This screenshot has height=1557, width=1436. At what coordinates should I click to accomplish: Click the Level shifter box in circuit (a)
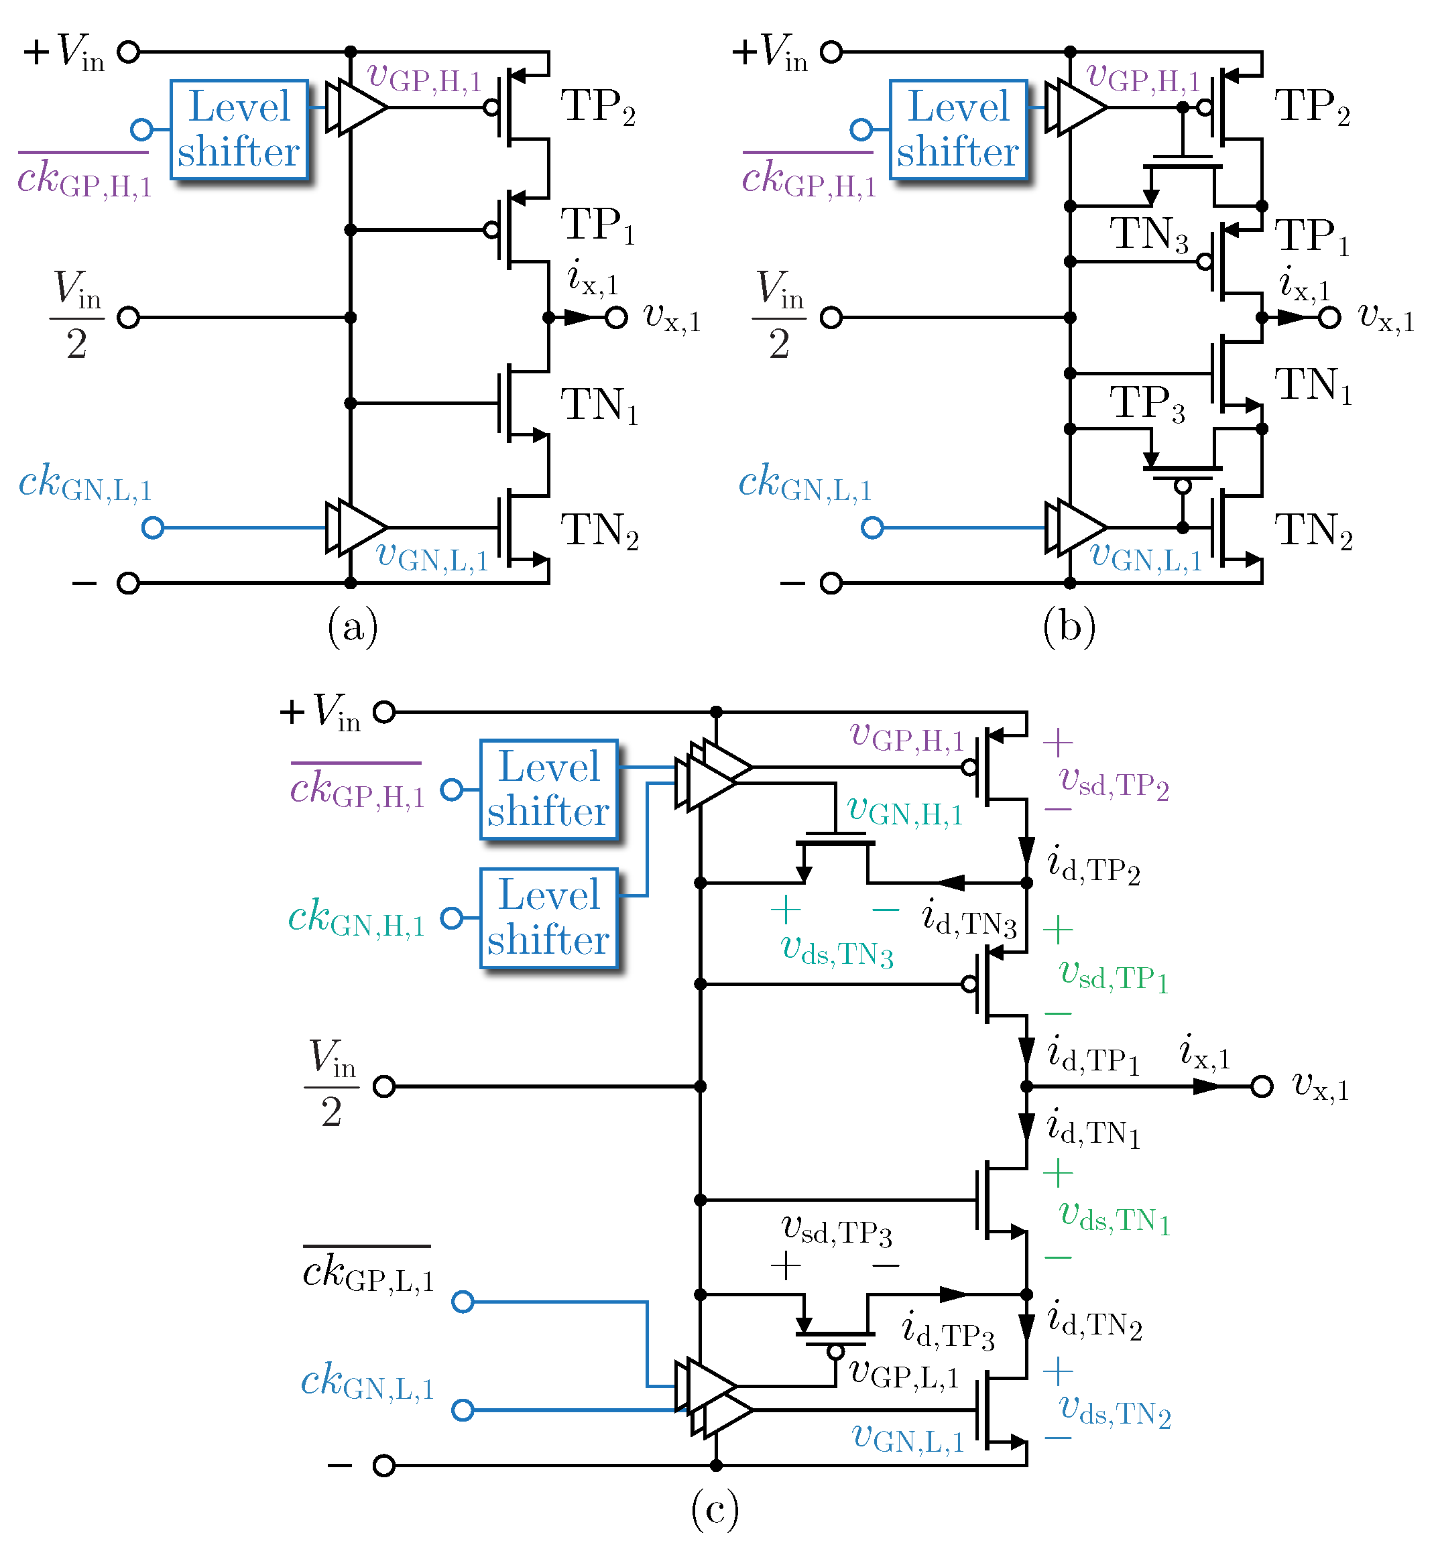point(239,129)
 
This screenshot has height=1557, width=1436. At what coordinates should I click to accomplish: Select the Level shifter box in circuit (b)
point(958,129)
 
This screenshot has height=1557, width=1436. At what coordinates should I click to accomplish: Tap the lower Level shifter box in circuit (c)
point(548,918)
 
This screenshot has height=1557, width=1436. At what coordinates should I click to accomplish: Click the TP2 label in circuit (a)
point(597,107)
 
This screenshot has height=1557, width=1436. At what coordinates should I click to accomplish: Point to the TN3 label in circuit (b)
point(1148,234)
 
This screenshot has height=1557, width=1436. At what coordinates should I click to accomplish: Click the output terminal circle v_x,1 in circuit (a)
point(615,318)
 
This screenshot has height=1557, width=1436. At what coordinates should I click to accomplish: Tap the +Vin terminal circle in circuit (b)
point(831,52)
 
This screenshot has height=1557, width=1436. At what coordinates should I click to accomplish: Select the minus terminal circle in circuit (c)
point(384,1465)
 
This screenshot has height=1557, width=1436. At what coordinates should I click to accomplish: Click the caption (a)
point(352,626)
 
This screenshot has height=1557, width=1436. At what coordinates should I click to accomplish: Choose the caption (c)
point(714,1509)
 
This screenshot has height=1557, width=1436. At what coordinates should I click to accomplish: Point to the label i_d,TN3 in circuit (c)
point(968,918)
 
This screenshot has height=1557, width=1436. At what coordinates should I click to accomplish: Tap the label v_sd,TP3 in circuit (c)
point(836,1230)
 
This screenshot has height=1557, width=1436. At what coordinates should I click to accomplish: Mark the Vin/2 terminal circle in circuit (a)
point(128,318)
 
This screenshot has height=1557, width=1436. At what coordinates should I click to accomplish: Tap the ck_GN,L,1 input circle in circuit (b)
point(873,528)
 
